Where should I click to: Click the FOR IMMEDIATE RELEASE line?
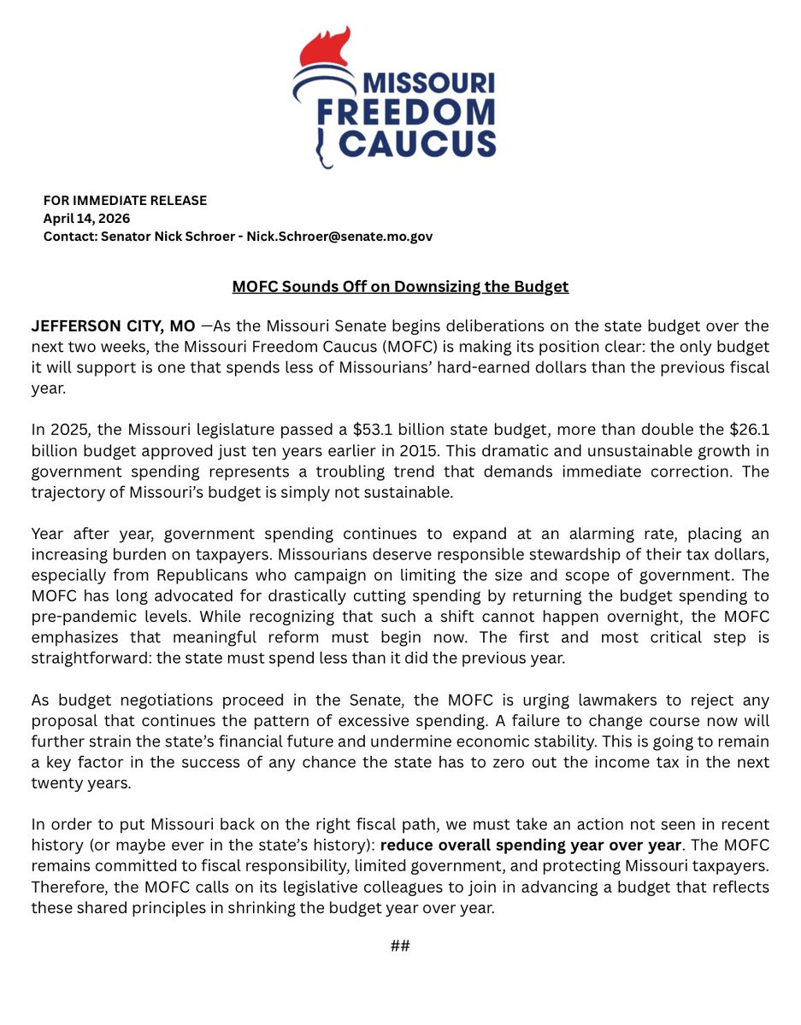(125, 201)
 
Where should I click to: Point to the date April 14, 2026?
(86, 219)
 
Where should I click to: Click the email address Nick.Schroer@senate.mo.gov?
(339, 237)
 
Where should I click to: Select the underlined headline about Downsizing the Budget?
(400, 287)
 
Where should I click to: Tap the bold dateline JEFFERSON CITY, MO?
(114, 327)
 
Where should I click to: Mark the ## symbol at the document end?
(400, 946)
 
